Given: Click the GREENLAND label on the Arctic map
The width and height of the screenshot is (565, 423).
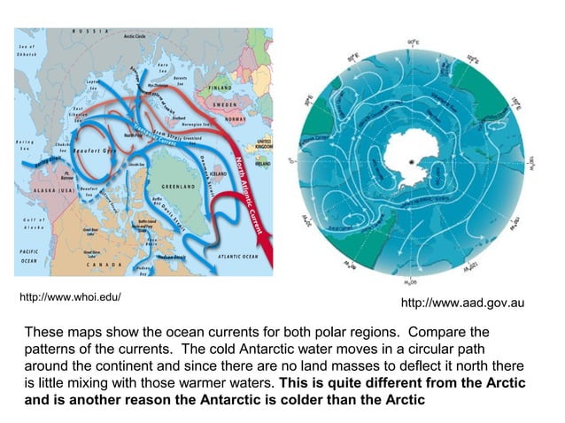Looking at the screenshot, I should point(178,188).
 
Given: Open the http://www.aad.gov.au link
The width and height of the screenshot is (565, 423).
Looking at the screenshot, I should point(462,304).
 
